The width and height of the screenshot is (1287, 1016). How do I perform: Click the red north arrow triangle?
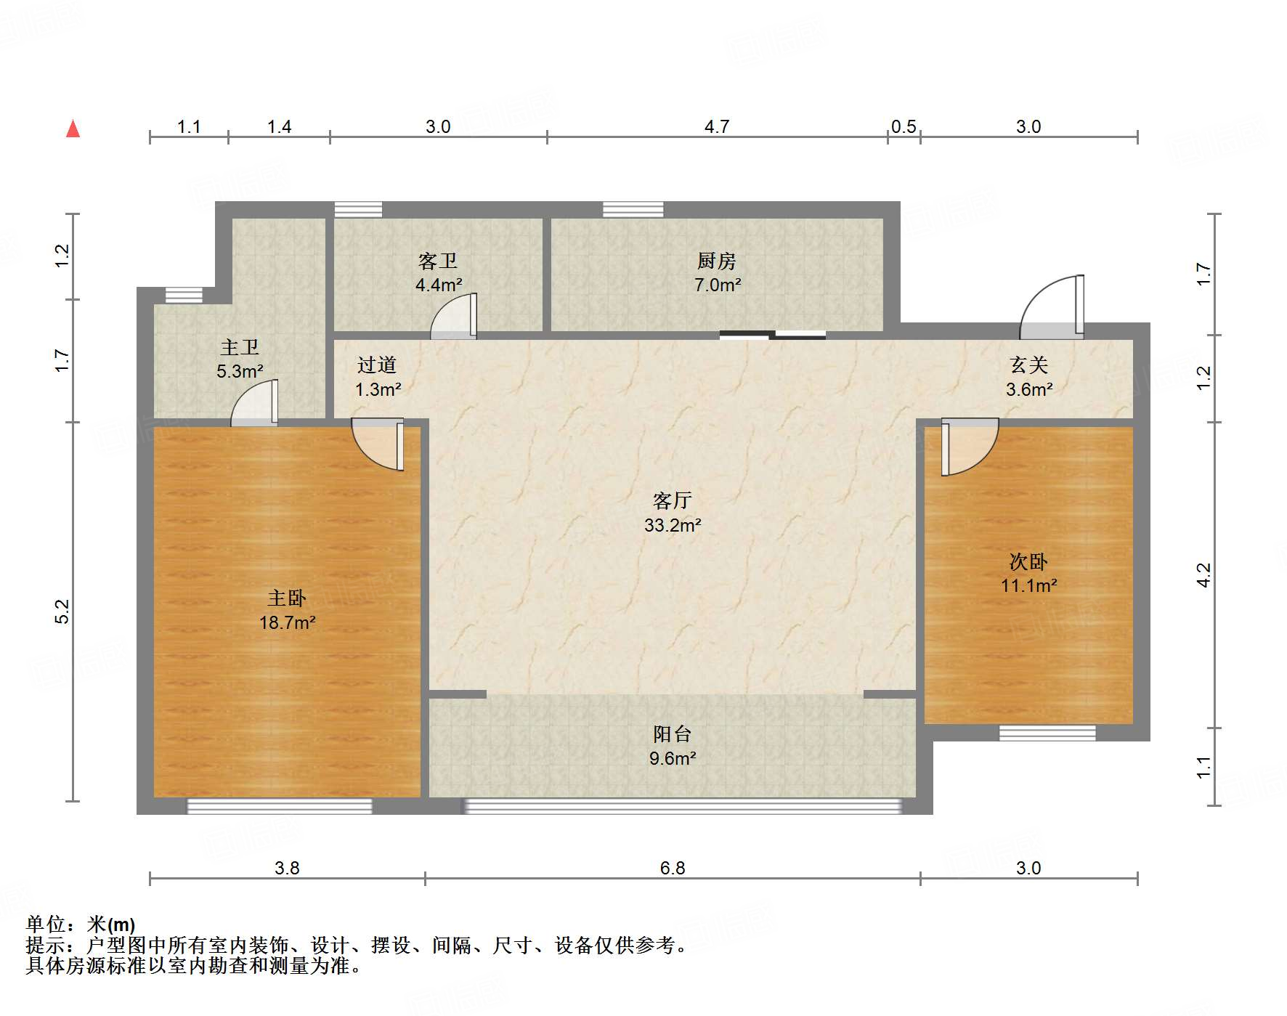click(x=73, y=129)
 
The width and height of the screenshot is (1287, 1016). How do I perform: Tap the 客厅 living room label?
click(x=672, y=501)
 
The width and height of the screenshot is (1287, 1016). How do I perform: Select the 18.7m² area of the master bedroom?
click(x=287, y=622)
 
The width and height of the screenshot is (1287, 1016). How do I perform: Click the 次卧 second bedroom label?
click(x=1028, y=561)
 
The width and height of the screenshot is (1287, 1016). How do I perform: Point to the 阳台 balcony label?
click(x=672, y=734)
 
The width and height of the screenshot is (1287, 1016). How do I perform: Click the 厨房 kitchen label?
click(x=717, y=261)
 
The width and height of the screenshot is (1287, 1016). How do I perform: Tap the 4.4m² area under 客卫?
click(x=438, y=285)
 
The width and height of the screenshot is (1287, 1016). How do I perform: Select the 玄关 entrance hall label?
click(x=1028, y=365)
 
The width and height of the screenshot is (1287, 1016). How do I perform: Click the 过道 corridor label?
click(x=377, y=365)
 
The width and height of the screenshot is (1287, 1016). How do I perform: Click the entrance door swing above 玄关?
click(x=1053, y=309)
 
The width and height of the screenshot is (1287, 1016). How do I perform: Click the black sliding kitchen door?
click(x=772, y=335)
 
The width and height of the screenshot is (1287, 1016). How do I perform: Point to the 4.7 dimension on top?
click(x=716, y=126)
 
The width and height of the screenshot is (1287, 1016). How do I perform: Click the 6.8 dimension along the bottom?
click(x=672, y=868)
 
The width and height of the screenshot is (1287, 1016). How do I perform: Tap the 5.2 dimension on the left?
click(x=62, y=611)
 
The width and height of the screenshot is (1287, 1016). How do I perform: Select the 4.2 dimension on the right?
click(x=1203, y=574)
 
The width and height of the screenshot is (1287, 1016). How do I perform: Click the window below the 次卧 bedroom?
click(x=1047, y=733)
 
